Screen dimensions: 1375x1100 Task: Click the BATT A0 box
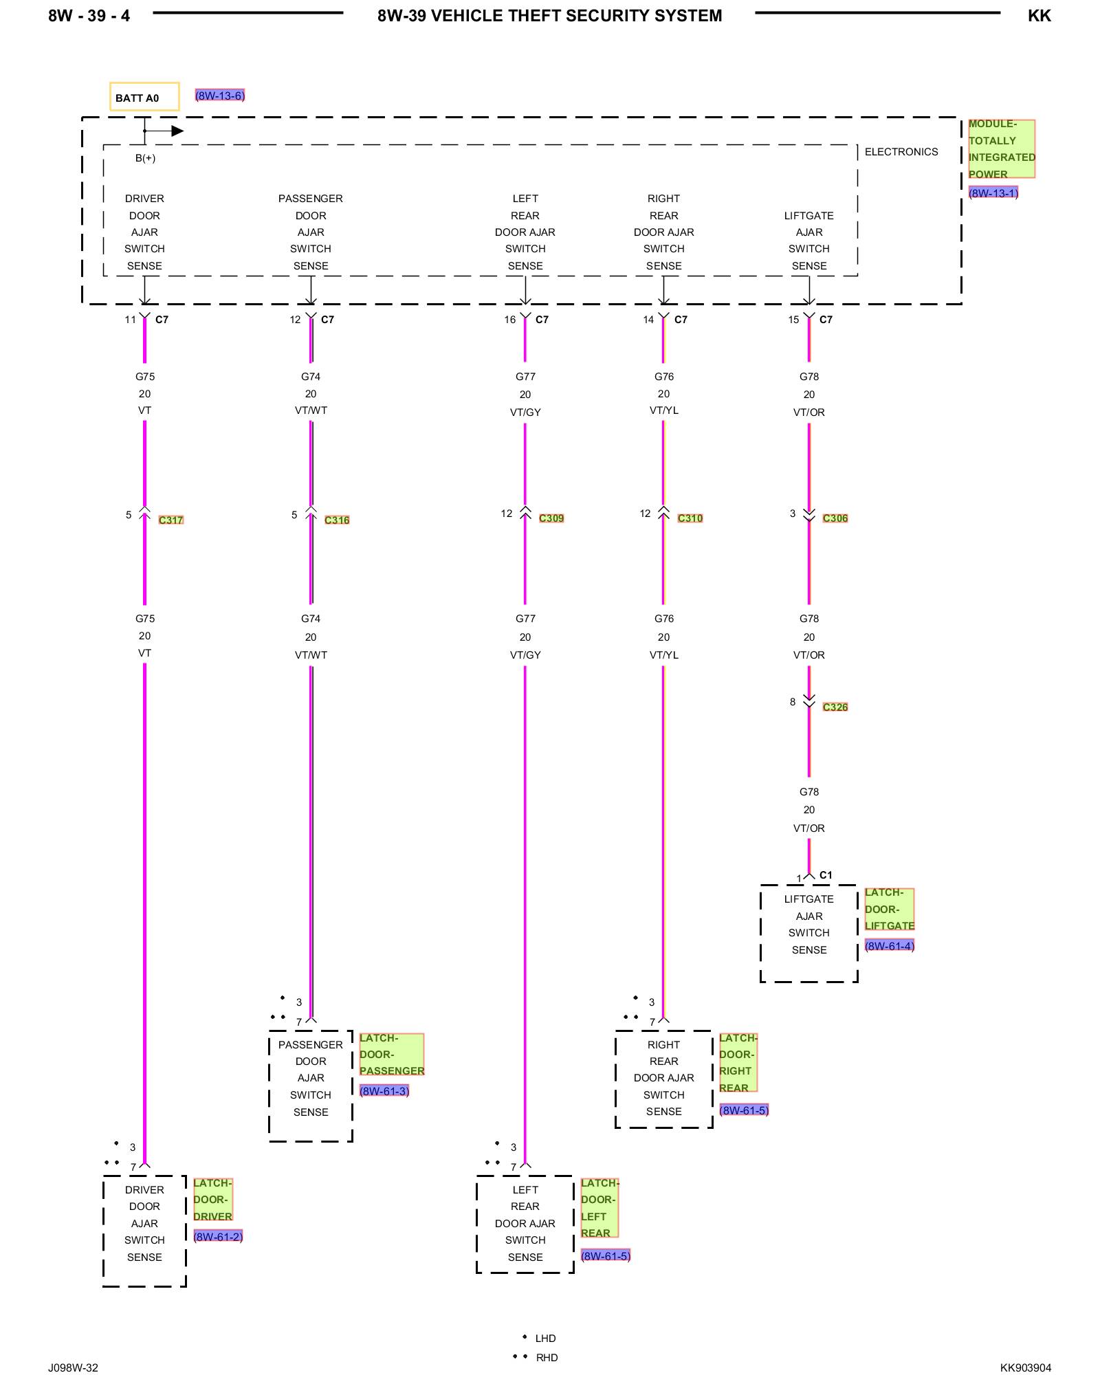144,97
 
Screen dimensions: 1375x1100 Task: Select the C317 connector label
170,520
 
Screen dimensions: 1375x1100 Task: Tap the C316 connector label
337,520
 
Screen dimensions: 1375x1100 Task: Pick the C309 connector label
551,518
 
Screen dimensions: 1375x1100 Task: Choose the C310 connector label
690,518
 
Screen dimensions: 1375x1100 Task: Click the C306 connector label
835,518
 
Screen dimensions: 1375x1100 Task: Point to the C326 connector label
835,707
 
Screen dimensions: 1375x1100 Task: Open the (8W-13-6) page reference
220,96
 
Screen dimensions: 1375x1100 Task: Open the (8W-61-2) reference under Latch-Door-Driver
218,1236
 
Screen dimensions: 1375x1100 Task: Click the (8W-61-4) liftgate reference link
890,945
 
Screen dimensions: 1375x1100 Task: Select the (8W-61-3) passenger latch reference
384,1090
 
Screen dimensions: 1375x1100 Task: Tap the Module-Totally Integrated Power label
1001,149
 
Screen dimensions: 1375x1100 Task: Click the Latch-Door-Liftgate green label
889,909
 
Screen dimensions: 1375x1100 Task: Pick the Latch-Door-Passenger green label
392,1054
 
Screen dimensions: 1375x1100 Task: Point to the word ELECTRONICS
901,152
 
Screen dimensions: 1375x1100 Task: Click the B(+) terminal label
145,158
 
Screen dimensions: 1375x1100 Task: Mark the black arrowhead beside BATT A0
177,131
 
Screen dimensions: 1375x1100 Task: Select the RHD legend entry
547,1357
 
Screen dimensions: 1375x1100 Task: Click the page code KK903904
1025,1367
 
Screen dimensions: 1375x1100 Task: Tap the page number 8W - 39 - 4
89,16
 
